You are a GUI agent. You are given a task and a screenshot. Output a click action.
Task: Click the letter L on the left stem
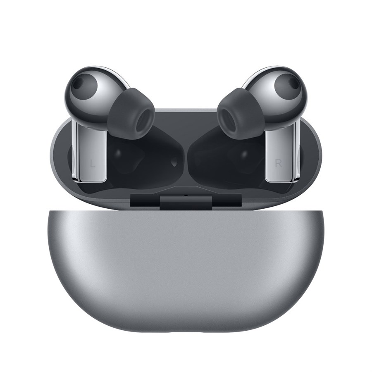(x=93, y=164)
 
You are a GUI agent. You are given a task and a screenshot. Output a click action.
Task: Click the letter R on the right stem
(x=278, y=163)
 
